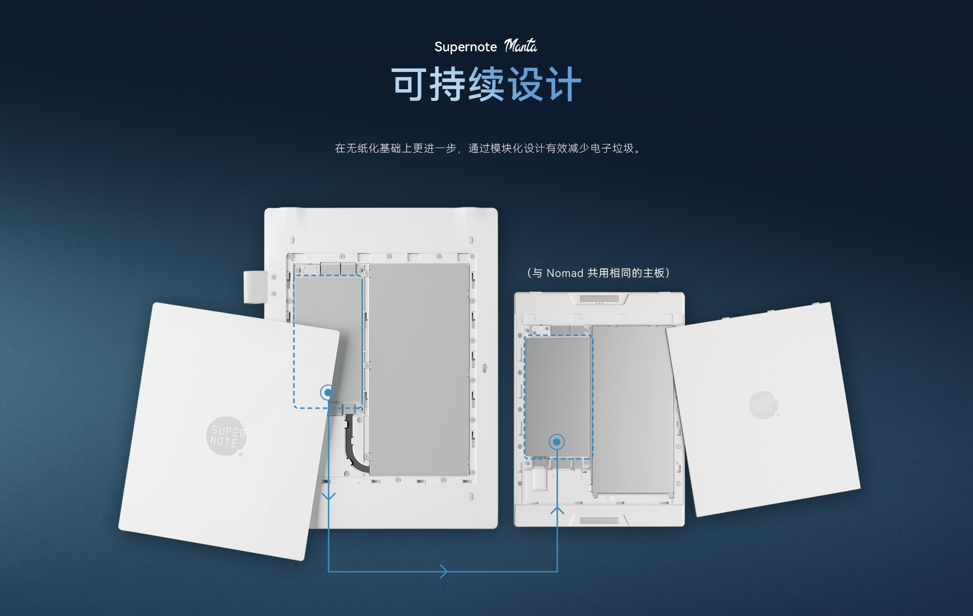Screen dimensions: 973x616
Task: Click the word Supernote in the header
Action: tap(465, 47)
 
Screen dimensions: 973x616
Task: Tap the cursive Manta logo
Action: tap(520, 46)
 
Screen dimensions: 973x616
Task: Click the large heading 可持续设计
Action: tap(486, 84)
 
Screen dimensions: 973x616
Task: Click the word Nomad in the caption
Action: tap(565, 273)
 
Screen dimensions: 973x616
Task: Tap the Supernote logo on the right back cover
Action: tap(764, 405)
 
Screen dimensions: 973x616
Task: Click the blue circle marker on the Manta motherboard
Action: tap(328, 392)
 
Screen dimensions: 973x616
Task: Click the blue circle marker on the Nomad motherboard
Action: tap(557, 442)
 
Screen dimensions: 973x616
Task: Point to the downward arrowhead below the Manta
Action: tap(328, 496)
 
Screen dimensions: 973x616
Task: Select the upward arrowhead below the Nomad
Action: tap(557, 510)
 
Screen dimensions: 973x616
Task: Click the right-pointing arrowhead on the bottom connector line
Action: tap(444, 571)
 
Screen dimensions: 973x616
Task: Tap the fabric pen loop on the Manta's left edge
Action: tap(255, 287)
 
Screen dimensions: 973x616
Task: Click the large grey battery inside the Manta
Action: tap(420, 370)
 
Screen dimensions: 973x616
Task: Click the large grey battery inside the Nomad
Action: tap(632, 409)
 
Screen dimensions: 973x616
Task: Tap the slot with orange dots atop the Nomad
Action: tap(599, 300)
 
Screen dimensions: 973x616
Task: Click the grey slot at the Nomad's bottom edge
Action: tap(599, 520)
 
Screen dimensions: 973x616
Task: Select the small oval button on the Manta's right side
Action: tap(485, 368)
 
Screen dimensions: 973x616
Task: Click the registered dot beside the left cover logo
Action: tap(241, 455)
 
